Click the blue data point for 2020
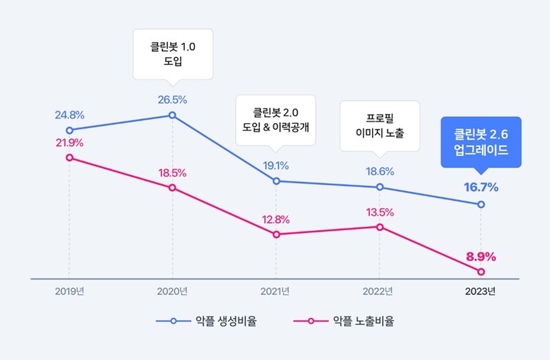[x=172, y=115]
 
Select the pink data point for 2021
[x=276, y=234]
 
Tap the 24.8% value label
[x=70, y=115]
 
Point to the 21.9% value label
[x=70, y=143]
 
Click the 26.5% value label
[x=172, y=99]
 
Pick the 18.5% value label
[x=172, y=174]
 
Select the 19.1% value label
[x=276, y=165]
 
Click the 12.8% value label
[x=276, y=219]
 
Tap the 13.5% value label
[x=380, y=212]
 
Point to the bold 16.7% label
[x=481, y=187]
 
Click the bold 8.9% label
[x=481, y=257]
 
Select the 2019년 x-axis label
[x=70, y=291]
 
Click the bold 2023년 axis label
[x=481, y=291]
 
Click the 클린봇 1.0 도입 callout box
[x=172, y=54]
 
